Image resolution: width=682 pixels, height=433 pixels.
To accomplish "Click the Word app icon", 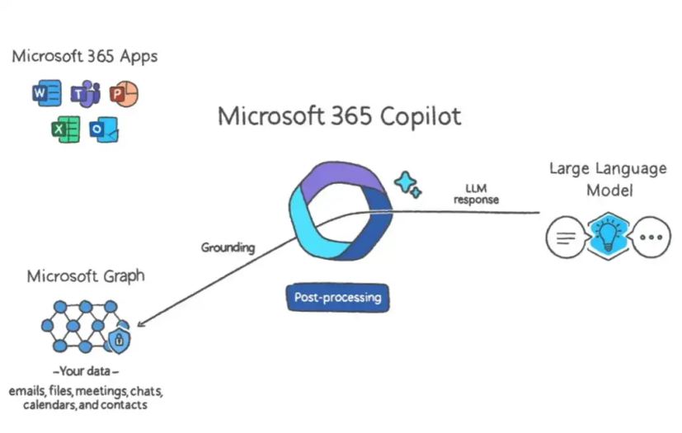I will coord(46,94).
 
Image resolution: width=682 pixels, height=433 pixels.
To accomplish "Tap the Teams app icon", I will coord(85,94).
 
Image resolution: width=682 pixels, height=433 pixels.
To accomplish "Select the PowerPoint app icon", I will coord(124,94).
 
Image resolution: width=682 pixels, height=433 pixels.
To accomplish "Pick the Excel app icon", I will coord(65,129).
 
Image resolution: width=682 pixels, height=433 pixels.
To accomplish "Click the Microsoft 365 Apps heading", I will coord(84,57).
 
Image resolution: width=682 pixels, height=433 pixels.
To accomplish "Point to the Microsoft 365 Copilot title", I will coord(339,116).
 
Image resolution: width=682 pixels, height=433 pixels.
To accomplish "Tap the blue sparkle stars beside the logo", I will coord(407,184).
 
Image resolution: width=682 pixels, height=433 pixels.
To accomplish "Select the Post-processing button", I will coord(337,297).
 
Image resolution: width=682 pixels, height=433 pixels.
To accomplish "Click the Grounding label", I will coord(228,247).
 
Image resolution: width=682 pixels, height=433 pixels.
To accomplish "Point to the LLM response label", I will coord(476,195).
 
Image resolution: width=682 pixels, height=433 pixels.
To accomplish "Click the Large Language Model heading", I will coord(607,179).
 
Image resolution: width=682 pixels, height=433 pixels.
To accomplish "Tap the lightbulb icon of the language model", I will coord(607,236).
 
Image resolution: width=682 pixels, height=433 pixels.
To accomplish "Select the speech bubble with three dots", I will coord(651,238).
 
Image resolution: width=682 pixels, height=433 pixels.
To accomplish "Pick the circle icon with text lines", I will coord(566,238).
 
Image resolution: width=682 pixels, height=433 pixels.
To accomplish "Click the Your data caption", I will coord(87,371).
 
